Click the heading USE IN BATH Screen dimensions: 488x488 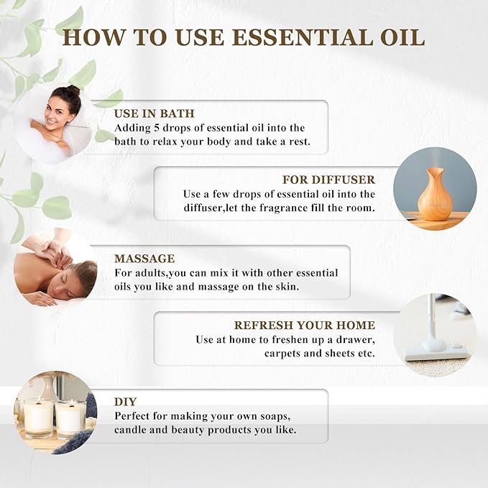154,114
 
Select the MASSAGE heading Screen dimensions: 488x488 144,258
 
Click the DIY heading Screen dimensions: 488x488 126,401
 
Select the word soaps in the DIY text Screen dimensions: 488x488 270,416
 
